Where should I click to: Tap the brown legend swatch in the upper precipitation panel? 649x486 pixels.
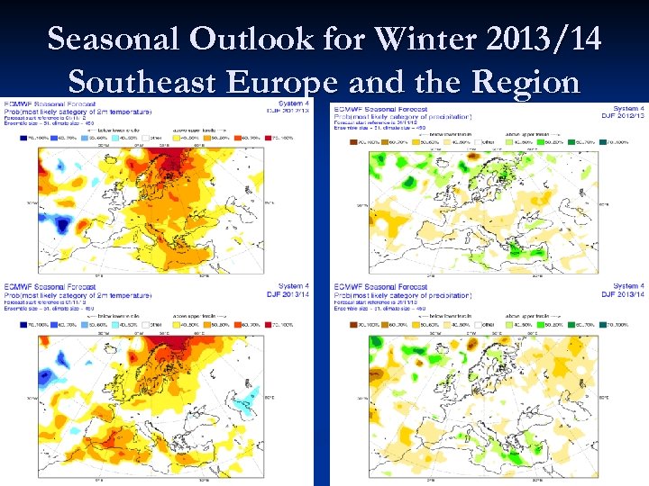click(x=344, y=142)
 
